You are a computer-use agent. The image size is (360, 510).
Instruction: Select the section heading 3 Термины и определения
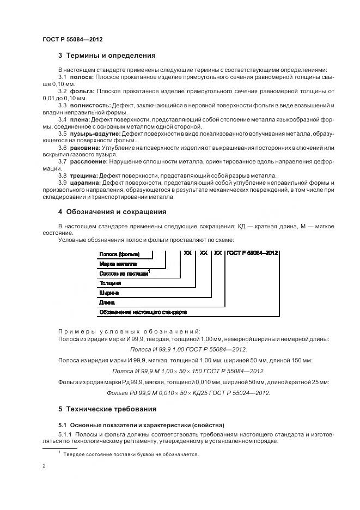(x=107, y=55)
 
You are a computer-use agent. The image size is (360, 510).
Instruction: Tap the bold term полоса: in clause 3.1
(x=82, y=77)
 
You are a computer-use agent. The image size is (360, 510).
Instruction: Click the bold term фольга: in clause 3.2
(x=82, y=90)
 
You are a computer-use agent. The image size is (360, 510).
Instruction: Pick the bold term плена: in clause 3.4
(x=80, y=118)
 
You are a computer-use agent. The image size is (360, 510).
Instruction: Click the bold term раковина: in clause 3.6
(x=85, y=147)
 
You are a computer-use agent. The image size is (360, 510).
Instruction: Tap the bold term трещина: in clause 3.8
(x=84, y=175)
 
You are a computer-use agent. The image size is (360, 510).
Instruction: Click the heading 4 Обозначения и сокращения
(x=112, y=212)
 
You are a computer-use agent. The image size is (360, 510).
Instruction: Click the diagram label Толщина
(x=109, y=283)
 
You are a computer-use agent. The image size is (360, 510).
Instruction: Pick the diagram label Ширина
(x=108, y=293)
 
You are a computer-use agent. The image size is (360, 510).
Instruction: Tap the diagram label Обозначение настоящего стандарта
(x=143, y=312)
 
